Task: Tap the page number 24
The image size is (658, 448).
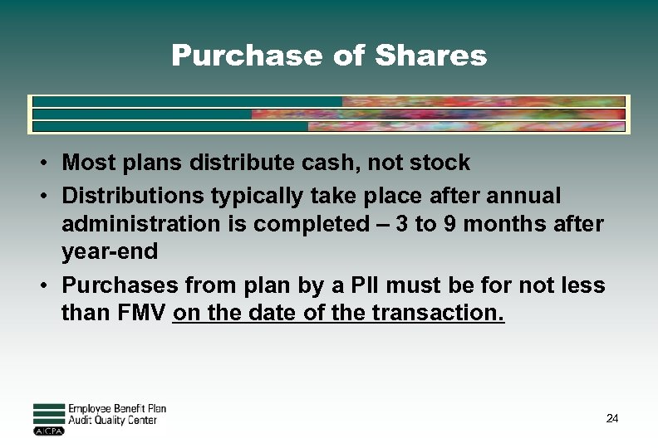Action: [x=612, y=419]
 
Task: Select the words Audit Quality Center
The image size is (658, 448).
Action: [x=112, y=421]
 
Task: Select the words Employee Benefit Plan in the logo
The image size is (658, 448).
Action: [x=116, y=408]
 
